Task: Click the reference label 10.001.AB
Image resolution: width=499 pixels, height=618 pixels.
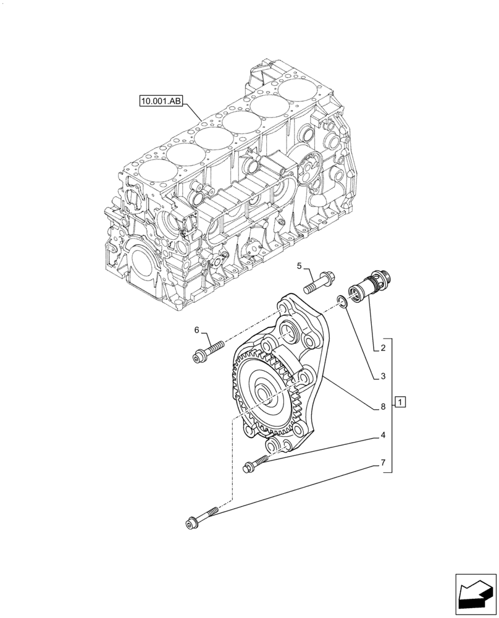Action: [x=160, y=101]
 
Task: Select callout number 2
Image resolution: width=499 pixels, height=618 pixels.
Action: [x=383, y=349]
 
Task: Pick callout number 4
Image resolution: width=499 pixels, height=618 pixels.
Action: [x=383, y=435]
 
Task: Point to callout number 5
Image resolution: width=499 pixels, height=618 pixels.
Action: [x=300, y=266]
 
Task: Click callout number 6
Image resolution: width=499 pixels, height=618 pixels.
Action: [x=197, y=331]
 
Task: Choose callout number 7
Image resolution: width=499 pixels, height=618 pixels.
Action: [x=383, y=462]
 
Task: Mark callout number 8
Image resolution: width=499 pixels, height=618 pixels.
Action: [x=383, y=406]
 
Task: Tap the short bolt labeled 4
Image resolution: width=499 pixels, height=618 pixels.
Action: [x=256, y=463]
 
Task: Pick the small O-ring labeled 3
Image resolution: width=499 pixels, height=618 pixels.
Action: [x=342, y=302]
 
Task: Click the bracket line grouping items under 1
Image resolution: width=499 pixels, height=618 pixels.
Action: [x=392, y=405]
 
